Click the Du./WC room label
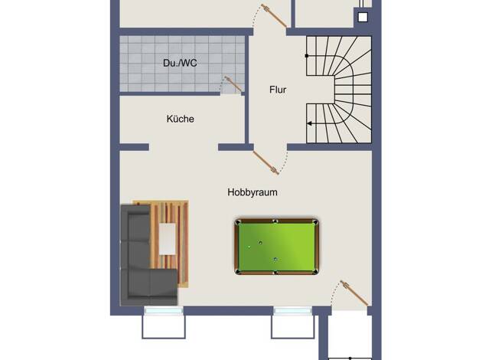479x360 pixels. pos(180,63)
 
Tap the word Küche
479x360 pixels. pos(181,119)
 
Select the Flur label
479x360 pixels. pos(278,90)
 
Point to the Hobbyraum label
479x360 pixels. pos(253,192)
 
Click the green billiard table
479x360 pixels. pos(277,247)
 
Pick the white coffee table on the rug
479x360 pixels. pos(168,239)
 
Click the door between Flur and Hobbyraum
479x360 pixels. pos(266,163)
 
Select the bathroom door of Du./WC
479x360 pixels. pos(233,83)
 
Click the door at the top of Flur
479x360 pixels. pos(274,15)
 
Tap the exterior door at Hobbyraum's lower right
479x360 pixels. pos(354,293)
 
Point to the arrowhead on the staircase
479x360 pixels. pos(309,123)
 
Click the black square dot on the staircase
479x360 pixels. pos(307,56)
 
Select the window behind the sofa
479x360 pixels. pos(164,311)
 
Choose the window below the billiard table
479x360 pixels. pos(292,311)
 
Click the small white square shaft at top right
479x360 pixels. pos(363,18)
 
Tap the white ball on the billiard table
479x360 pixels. pos(249,247)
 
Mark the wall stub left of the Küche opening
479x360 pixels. pos(134,147)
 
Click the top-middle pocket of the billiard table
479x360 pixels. pos(276,221)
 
